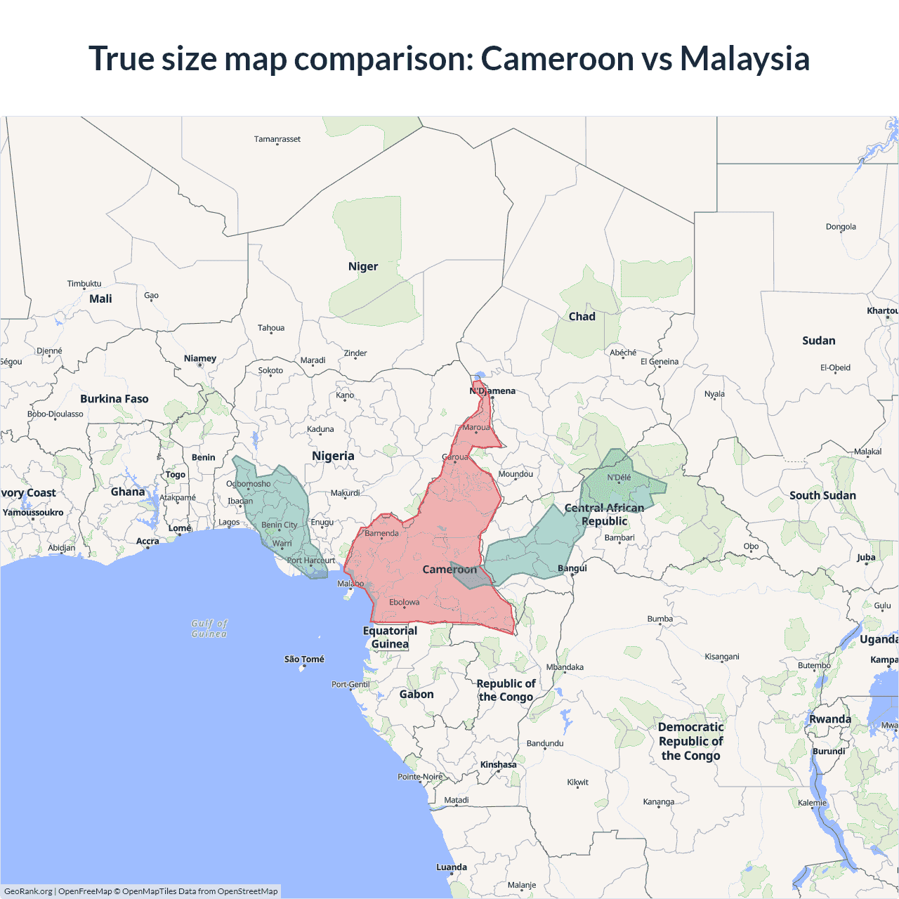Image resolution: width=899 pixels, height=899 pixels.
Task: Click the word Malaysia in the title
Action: pyautogui.click(x=744, y=59)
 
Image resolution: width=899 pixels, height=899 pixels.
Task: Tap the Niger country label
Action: pyautogui.click(x=362, y=266)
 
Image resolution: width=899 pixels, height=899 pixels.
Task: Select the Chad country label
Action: pyautogui.click(x=582, y=317)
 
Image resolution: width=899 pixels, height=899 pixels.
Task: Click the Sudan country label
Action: pyautogui.click(x=818, y=341)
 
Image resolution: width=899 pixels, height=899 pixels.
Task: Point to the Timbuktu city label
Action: pyautogui.click(x=84, y=284)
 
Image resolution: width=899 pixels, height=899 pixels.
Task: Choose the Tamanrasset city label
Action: pyautogui.click(x=277, y=139)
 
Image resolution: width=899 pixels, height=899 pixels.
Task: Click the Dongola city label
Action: pyautogui.click(x=841, y=227)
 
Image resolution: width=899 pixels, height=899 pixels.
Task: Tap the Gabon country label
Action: pyautogui.click(x=416, y=694)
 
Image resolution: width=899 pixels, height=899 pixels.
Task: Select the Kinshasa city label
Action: pyautogui.click(x=498, y=765)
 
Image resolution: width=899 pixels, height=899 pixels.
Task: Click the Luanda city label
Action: pyautogui.click(x=452, y=867)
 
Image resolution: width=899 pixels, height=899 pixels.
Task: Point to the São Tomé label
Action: pyautogui.click(x=304, y=659)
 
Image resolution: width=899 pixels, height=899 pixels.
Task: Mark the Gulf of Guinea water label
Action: pyautogui.click(x=209, y=629)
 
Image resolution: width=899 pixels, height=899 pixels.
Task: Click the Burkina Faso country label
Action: pyautogui.click(x=114, y=399)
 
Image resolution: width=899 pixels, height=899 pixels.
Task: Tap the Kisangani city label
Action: pyautogui.click(x=722, y=657)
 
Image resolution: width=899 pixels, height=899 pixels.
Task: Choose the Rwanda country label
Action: pyautogui.click(x=829, y=719)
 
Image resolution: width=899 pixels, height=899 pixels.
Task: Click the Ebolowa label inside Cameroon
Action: pyautogui.click(x=404, y=602)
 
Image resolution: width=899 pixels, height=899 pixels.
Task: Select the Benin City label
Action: pyautogui.click(x=279, y=525)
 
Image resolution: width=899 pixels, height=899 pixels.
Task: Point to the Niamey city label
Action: pyautogui.click(x=200, y=358)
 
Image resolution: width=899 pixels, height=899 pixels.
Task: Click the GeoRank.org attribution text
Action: pyautogui.click(x=28, y=891)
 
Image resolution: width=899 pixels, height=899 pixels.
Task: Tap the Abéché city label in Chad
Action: pyautogui.click(x=623, y=353)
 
